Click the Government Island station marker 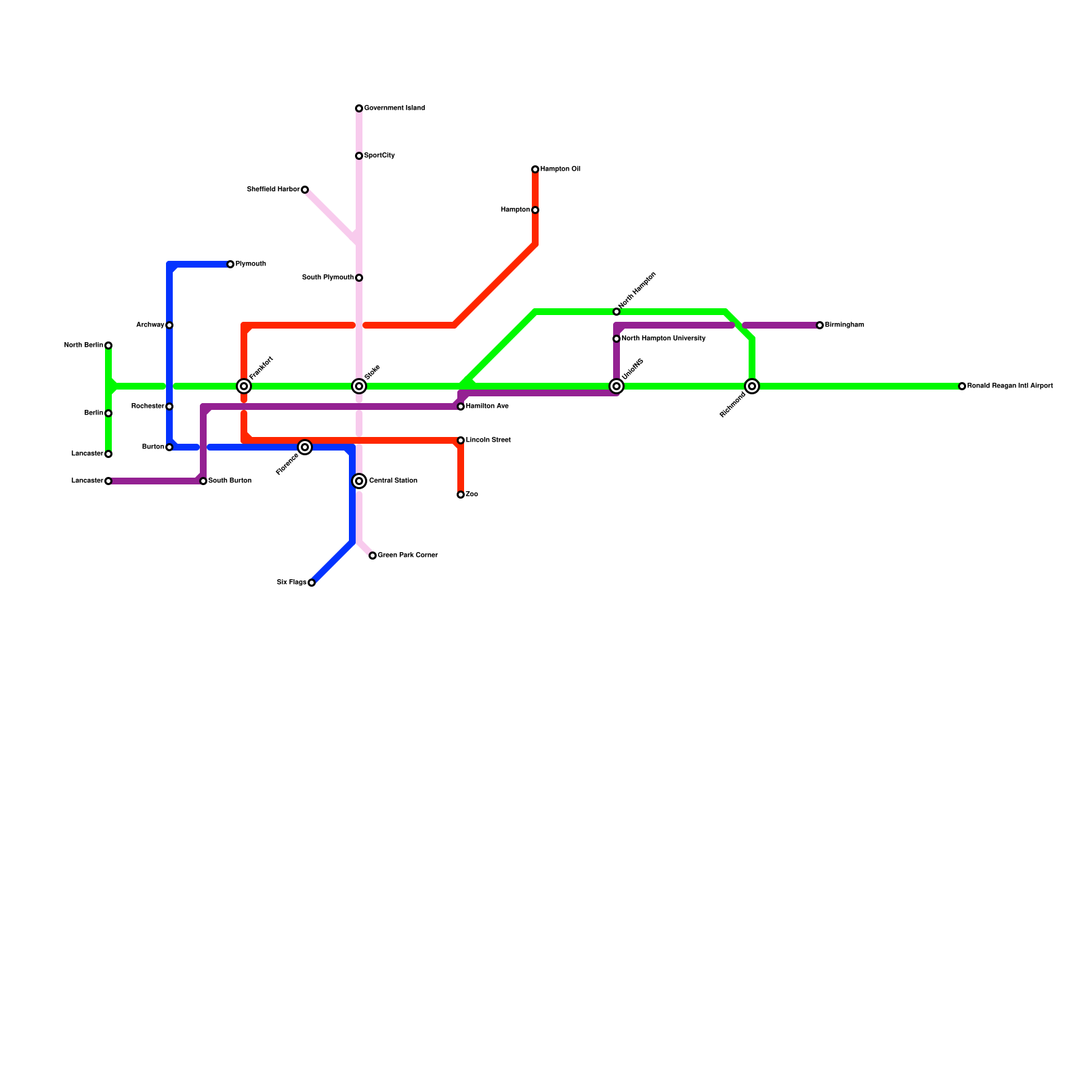point(359,108)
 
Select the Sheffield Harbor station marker point(305,190)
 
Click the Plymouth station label point(251,264)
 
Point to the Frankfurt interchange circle point(244,386)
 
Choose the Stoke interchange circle point(359,386)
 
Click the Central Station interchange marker point(359,481)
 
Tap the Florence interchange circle point(305,447)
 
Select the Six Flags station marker point(312,583)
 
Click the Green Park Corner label point(407,556)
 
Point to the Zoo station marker point(461,495)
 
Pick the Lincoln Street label point(488,440)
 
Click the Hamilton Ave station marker point(461,406)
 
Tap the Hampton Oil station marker point(535,169)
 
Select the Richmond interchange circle point(752,386)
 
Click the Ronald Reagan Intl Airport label point(1009,386)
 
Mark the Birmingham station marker point(820,325)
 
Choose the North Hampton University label point(663,339)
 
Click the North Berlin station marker point(108,346)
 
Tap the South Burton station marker point(203,481)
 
